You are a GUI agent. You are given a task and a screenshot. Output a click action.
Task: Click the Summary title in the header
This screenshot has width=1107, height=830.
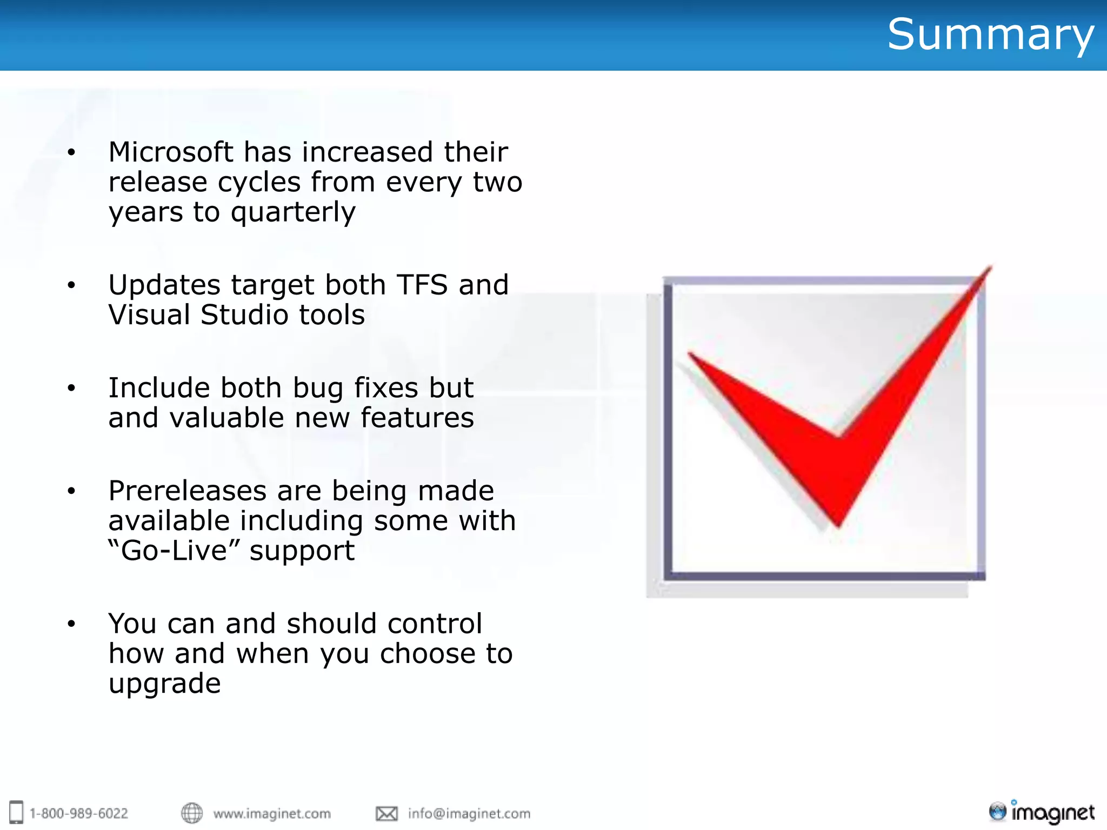coord(990,35)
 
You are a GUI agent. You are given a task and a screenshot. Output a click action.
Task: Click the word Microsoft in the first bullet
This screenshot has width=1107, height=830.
coord(171,152)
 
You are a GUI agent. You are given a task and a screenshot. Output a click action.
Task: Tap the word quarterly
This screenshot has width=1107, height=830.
coord(293,212)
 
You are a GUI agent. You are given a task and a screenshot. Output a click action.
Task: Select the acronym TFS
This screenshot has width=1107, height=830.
coord(422,285)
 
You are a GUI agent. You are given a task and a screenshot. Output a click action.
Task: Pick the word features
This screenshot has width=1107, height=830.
coord(417,418)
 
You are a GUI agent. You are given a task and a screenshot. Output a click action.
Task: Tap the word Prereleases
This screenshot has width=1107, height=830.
coord(187,491)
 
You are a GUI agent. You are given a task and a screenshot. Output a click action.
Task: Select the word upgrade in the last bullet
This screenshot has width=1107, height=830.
coord(164,684)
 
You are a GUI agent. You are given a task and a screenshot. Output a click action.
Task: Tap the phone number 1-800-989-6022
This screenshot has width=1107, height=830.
coord(79,813)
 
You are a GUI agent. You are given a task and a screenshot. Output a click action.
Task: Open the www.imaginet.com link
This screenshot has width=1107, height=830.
coord(272,813)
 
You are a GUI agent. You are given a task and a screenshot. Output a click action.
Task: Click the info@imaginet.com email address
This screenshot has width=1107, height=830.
coord(469,813)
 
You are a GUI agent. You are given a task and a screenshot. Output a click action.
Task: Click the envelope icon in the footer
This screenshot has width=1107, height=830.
coord(386,813)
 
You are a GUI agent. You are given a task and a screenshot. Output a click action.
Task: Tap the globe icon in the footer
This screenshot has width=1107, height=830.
coord(191,813)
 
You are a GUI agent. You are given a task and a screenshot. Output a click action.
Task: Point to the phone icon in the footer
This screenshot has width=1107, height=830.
coord(17,812)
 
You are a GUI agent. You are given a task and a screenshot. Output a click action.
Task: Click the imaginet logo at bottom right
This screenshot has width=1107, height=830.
coord(1041,812)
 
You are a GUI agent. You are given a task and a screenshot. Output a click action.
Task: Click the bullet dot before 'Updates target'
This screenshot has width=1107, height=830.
coord(71,285)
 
